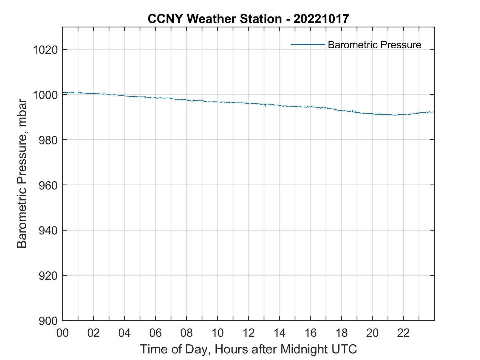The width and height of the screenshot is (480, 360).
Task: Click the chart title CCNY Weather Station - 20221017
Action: [x=248, y=19]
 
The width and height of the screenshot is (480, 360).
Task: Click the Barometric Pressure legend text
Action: [x=374, y=45]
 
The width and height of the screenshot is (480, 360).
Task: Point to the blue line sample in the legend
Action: [x=308, y=44]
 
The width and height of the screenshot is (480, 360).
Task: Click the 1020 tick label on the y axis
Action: [x=45, y=50]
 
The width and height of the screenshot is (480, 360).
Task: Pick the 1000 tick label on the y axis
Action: [x=45, y=95]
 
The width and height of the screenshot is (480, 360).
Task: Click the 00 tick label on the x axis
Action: [x=63, y=333]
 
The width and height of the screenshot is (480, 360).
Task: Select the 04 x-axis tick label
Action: [x=125, y=333]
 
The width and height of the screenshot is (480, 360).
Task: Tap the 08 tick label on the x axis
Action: [x=187, y=333]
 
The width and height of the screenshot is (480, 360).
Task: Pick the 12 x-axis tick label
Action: [x=249, y=333]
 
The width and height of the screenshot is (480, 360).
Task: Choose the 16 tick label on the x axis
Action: [x=310, y=333]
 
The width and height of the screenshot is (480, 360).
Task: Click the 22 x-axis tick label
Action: [x=403, y=333]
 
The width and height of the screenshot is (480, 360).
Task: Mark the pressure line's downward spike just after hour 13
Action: [x=266, y=106]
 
